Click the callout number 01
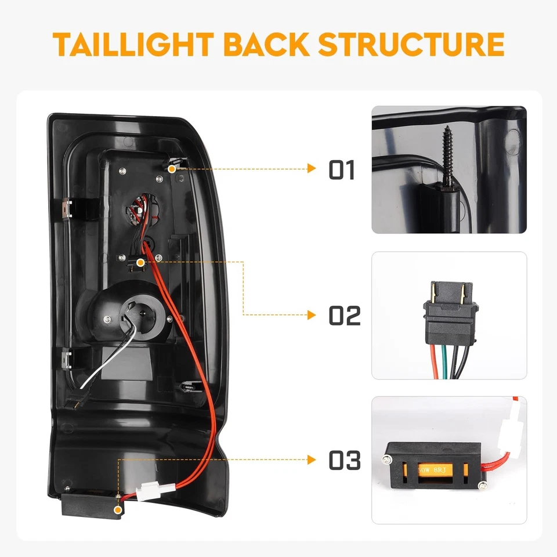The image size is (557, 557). pos(341,169)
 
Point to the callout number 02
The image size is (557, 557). pos(345,316)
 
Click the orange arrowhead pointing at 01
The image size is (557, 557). pos(312,169)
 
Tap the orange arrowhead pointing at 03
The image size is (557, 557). pos(312,460)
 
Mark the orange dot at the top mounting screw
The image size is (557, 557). pos(172,168)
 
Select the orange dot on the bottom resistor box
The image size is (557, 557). pos(119,509)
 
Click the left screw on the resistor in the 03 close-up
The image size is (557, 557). pos(386,461)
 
